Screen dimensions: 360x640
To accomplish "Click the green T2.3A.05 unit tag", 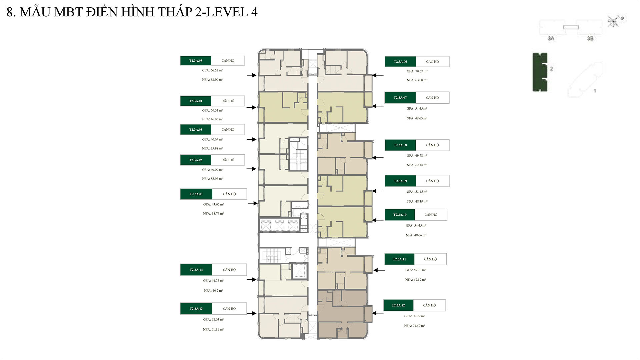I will coord(196,61).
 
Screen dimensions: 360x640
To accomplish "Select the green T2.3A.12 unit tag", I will coord(398,305).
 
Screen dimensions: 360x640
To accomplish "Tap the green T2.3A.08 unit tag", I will coord(400,145).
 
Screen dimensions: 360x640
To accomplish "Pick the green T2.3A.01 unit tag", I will coord(196,194).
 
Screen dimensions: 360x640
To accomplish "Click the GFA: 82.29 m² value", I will coord(414,316).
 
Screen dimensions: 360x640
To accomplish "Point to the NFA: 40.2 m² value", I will coord(213,291).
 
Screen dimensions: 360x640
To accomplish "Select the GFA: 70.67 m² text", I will coord(417,71).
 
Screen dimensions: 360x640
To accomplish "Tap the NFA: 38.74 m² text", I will coord(213,214).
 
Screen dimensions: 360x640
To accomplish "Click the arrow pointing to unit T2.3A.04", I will coord(251,107).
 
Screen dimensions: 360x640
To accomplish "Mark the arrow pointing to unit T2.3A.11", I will coord(379,270).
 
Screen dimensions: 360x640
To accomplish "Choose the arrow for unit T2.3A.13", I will coord(252,313).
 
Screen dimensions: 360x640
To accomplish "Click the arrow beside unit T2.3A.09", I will coord(378,191).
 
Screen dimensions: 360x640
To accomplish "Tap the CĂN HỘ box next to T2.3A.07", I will coord(432,98).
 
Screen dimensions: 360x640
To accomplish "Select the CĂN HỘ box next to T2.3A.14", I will coord(229,270).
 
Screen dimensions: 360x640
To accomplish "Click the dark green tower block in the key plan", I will coord(540,72).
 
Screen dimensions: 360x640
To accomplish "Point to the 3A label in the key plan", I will coord(551,38).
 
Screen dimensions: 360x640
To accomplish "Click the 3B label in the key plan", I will coord(590,38).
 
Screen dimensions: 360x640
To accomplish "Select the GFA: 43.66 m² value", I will coord(213,204).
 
